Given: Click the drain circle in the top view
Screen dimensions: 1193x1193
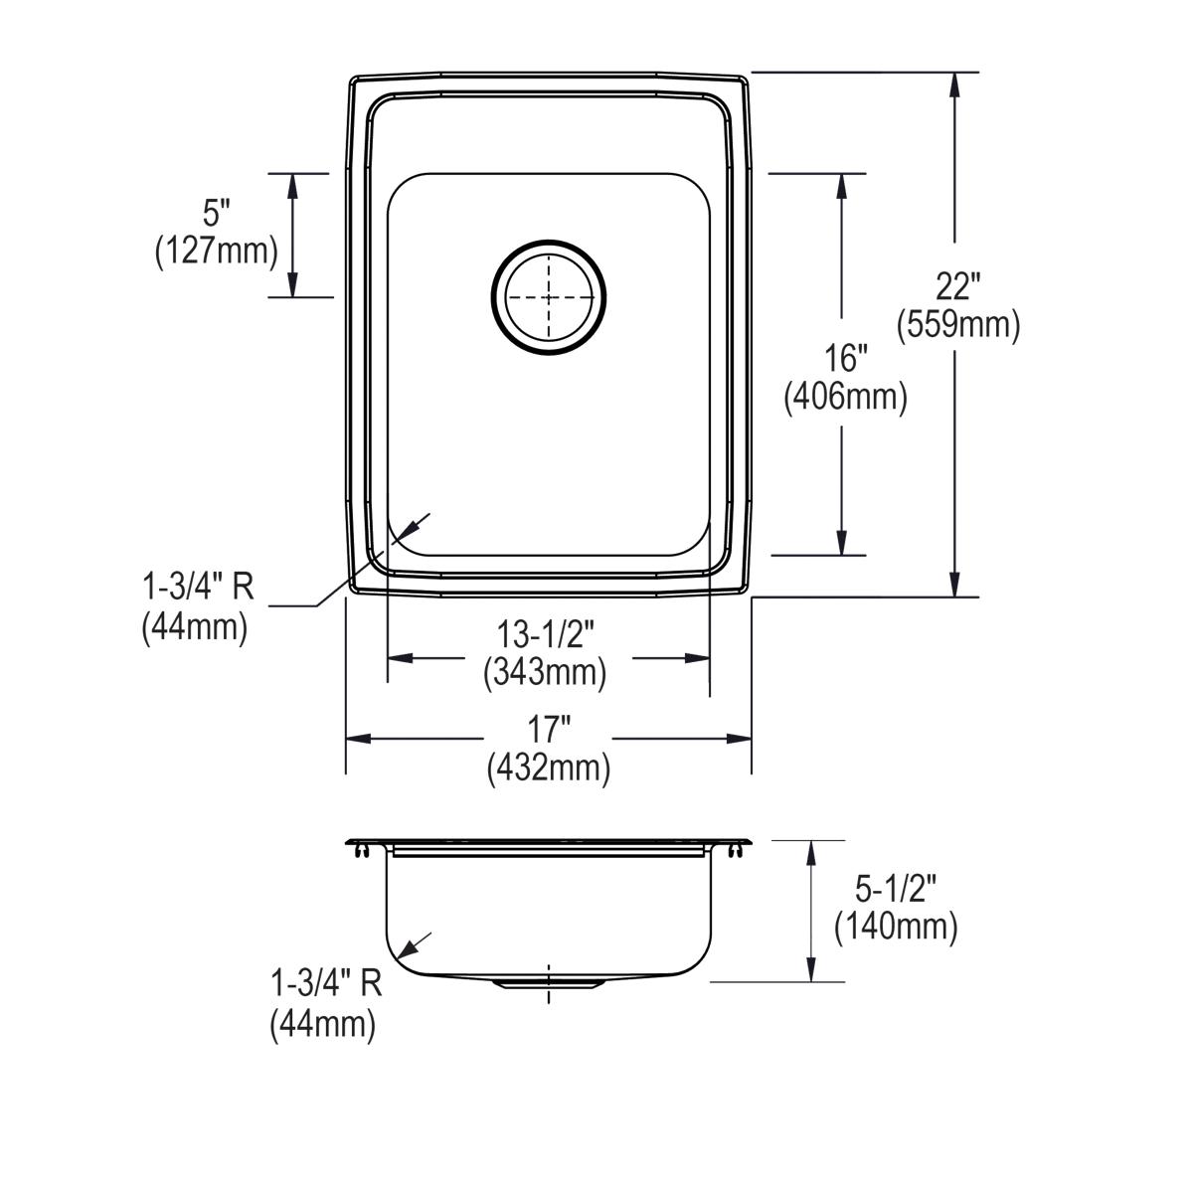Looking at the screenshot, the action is (548, 241).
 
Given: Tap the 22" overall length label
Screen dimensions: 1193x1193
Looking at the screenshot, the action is (957, 286).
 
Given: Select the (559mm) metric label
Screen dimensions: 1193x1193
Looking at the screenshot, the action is (957, 324).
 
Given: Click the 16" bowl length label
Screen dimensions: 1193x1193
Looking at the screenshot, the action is (845, 359).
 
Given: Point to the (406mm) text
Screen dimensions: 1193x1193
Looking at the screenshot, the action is (846, 397).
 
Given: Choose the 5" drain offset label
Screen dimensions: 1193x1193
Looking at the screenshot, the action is (216, 214).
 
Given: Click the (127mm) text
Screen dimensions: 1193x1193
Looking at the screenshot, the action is (216, 252).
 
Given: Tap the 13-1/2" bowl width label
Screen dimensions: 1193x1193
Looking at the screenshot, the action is (546, 634).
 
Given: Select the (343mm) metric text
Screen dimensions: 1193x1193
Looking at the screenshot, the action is (545, 672).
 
